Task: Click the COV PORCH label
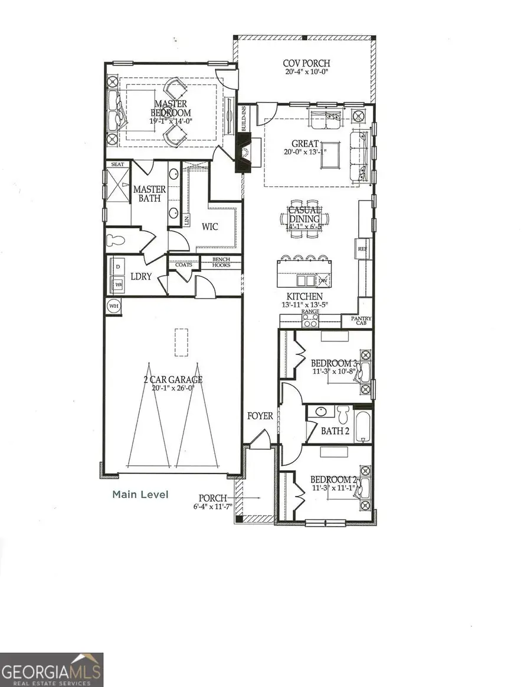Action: pyautogui.click(x=306, y=64)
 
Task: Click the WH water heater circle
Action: pyautogui.click(x=113, y=305)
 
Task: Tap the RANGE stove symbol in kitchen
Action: pyautogui.click(x=310, y=320)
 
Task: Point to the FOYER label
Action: pyautogui.click(x=260, y=416)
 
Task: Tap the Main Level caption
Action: pyautogui.click(x=140, y=494)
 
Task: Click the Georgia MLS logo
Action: pyautogui.click(x=51, y=669)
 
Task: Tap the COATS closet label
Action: pyautogui.click(x=183, y=265)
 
